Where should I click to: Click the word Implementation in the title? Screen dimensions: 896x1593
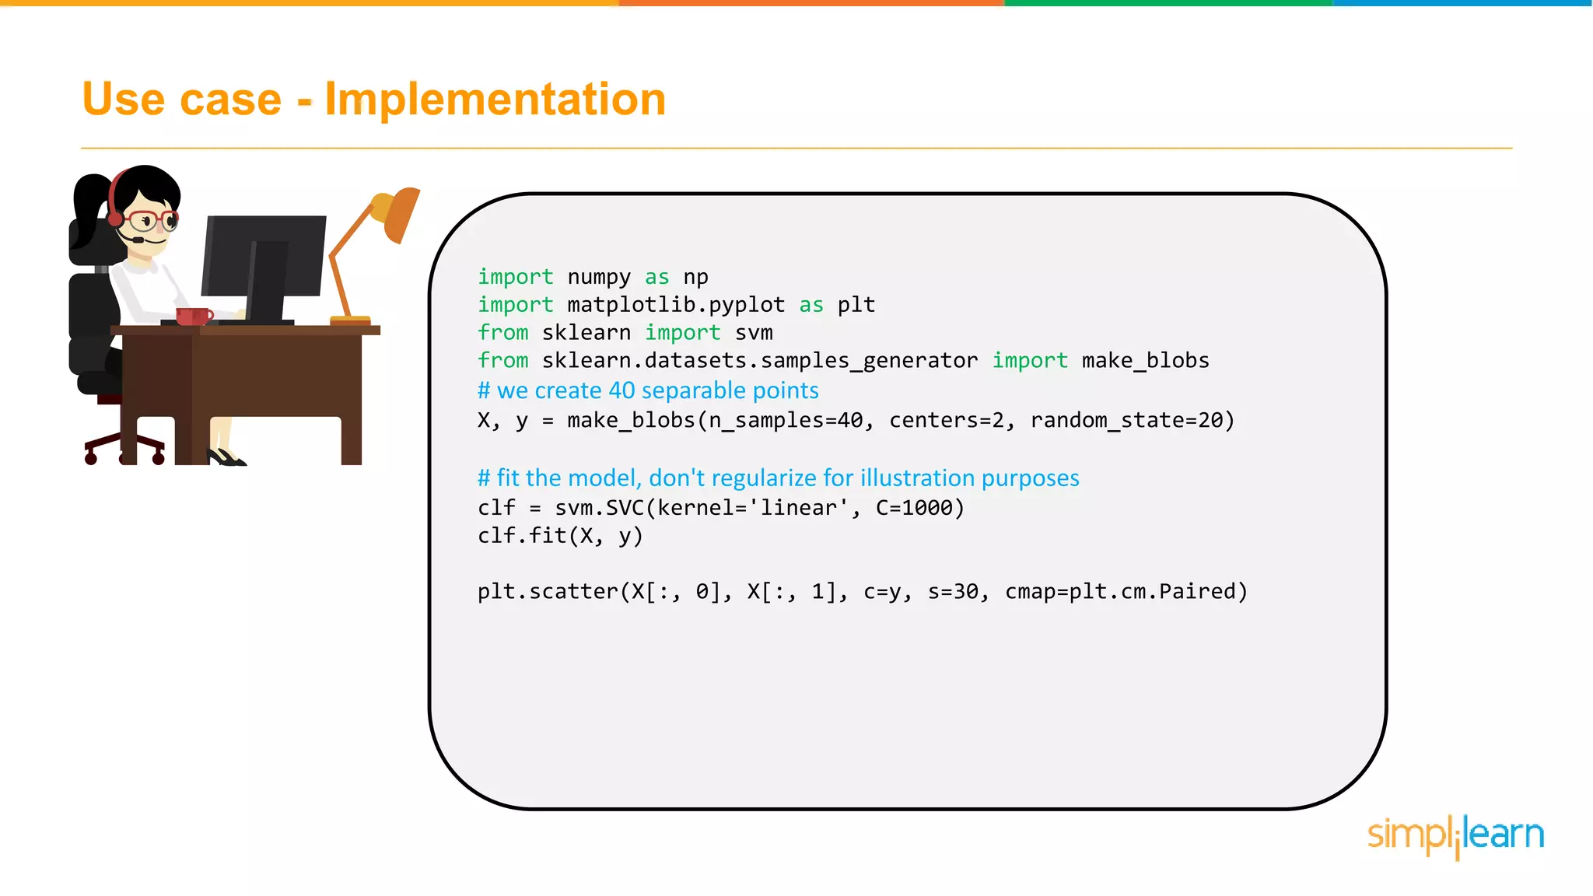[x=495, y=100]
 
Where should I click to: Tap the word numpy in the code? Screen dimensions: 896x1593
[x=599, y=278]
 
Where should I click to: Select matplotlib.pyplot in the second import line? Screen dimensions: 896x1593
[x=676, y=305]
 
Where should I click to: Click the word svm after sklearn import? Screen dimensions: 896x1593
[x=754, y=333]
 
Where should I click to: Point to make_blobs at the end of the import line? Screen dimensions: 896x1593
[x=1145, y=361]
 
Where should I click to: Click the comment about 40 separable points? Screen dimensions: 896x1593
[x=648, y=390]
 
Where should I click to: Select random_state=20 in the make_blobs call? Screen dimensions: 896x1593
[x=1132, y=421]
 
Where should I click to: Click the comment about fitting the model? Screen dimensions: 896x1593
[x=778, y=478]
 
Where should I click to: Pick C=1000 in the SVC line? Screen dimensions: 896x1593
[x=919, y=508]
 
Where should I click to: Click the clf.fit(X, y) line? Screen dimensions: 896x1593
[x=560, y=536]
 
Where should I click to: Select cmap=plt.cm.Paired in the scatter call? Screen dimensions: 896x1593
[x=1126, y=592]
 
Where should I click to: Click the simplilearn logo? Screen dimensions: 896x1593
[x=1455, y=835]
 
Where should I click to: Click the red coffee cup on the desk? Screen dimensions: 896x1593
[x=192, y=316]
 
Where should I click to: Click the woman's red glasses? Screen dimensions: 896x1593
[x=152, y=219]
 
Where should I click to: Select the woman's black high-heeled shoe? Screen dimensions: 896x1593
[x=226, y=457]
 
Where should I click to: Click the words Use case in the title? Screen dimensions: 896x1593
[x=182, y=100]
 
